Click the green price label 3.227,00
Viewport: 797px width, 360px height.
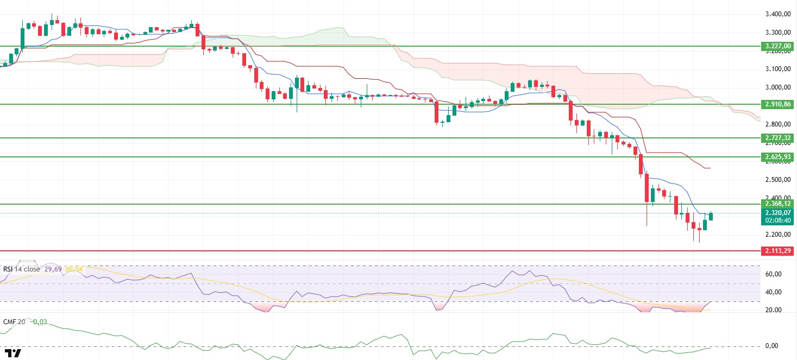pyautogui.click(x=777, y=46)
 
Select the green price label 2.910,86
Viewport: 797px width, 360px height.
pyautogui.click(x=777, y=104)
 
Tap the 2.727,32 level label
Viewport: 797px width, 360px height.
pyautogui.click(x=777, y=138)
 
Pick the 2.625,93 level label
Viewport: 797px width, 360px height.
pyautogui.click(x=777, y=157)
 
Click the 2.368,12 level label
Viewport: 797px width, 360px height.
pyautogui.click(x=777, y=204)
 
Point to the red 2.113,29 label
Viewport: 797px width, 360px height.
pyautogui.click(x=777, y=251)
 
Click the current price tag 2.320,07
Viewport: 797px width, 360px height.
pyautogui.click(x=777, y=213)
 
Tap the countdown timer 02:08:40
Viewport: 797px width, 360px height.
pyautogui.click(x=777, y=221)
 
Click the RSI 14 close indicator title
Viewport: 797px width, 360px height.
pyautogui.click(x=22, y=268)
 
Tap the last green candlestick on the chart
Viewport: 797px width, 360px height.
pyautogui.click(x=711, y=216)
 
